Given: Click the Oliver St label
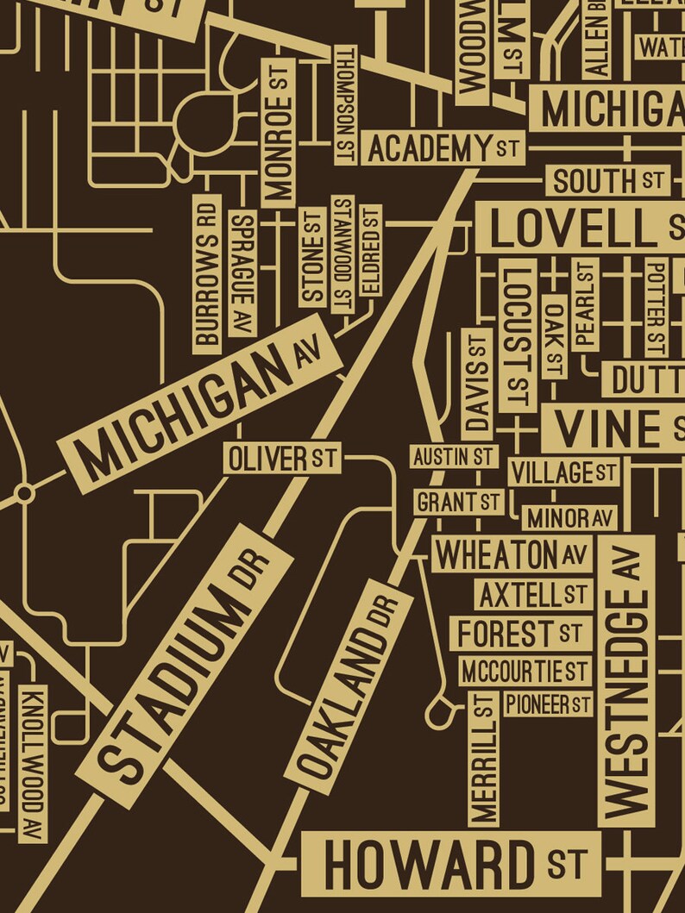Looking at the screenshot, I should pyautogui.click(x=281, y=459).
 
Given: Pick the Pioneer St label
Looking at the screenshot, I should pyautogui.click(x=548, y=704).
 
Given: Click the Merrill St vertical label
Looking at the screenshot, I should pyautogui.click(x=484, y=759).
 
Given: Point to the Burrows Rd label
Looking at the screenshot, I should pyautogui.click(x=206, y=274).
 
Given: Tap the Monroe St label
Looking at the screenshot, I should pyautogui.click(x=279, y=133).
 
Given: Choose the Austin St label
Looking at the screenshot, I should pyautogui.click(x=452, y=456).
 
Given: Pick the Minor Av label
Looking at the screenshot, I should pyautogui.click(x=569, y=518).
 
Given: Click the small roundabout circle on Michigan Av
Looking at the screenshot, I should pyautogui.click(x=25, y=493).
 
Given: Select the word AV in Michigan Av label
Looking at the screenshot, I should pyautogui.click(x=306, y=353).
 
